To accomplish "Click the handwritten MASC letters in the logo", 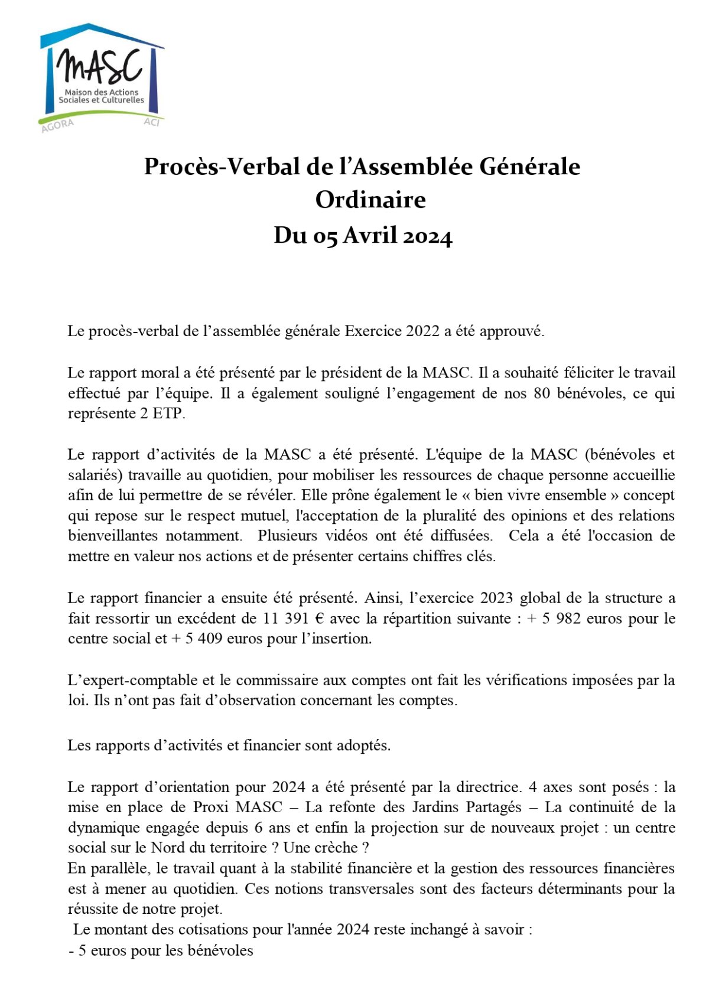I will (x=100, y=66).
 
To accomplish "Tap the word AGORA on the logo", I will (x=57, y=125).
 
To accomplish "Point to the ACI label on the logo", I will (x=152, y=122).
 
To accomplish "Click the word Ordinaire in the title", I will (x=370, y=200).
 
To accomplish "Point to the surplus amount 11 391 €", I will (x=294, y=618).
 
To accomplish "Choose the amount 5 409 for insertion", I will (x=204, y=639).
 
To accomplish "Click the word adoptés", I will (x=363, y=745).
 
